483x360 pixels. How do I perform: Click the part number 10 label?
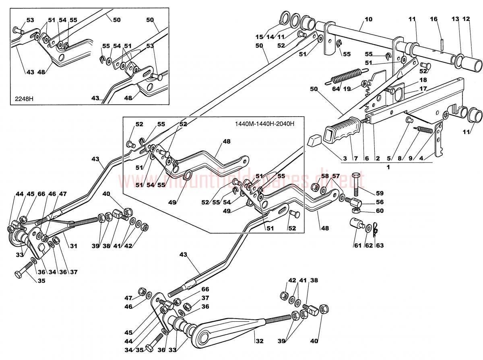[369, 19]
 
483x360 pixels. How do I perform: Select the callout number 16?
[433, 19]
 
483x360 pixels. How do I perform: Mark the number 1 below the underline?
[388, 167]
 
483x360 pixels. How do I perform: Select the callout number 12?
[466, 19]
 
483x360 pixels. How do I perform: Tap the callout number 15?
[259, 37]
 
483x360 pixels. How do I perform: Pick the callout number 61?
[357, 245]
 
